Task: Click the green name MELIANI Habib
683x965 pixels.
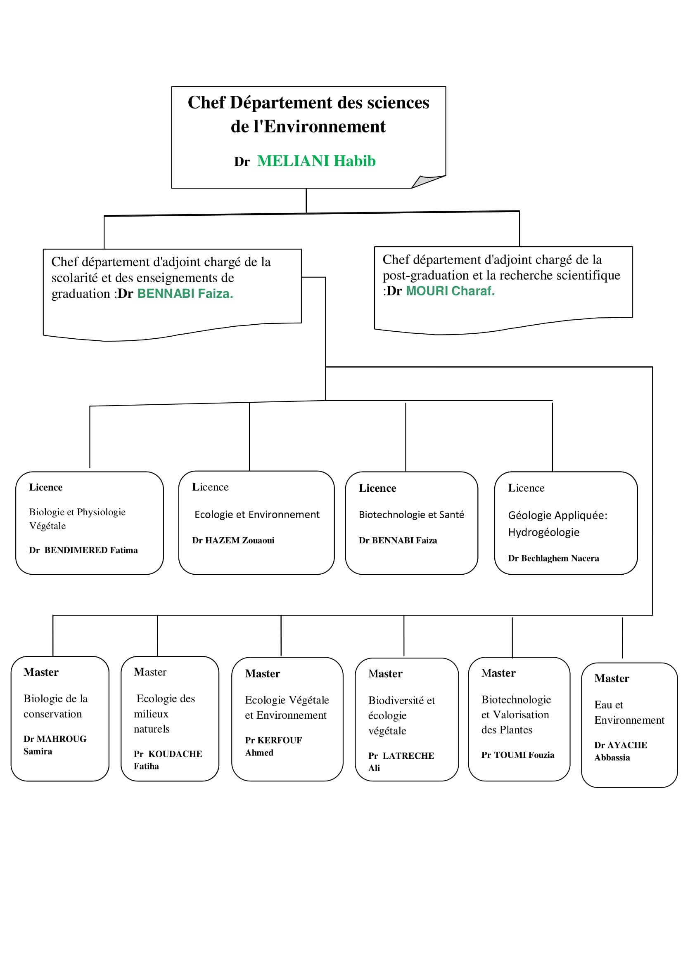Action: click(316, 161)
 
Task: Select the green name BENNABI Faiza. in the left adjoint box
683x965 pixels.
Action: click(185, 293)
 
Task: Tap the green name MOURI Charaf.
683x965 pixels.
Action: click(450, 291)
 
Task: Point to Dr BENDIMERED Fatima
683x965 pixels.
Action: click(83, 550)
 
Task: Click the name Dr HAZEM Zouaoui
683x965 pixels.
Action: click(233, 540)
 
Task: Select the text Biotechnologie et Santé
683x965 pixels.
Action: click(411, 514)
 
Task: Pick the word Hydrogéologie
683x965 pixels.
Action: click(543, 533)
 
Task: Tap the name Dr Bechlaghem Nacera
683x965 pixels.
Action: click(553, 558)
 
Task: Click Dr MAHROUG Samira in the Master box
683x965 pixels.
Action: click(55, 745)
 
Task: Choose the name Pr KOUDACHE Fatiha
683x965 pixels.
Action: click(168, 760)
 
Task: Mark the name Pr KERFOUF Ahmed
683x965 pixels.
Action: click(273, 746)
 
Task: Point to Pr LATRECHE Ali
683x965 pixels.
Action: click(401, 762)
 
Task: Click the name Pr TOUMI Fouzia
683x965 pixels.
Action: click(518, 755)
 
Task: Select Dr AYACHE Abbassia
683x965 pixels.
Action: click(621, 751)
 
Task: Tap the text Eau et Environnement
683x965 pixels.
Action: click(629, 713)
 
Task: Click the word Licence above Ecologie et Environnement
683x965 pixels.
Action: click(210, 487)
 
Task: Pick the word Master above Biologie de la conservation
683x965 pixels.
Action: click(41, 672)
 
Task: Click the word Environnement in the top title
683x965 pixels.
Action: click(325, 127)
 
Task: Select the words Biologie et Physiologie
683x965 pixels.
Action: click(77, 512)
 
